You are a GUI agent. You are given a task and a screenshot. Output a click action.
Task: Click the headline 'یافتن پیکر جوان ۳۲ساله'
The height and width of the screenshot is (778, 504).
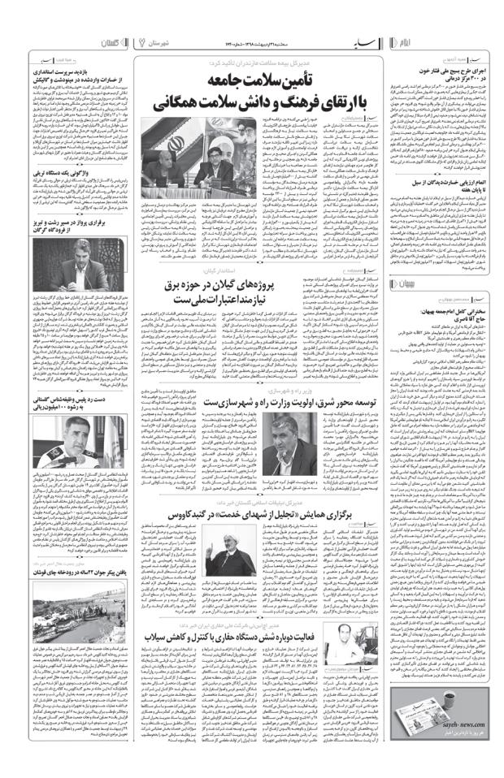pyautogui.click(x=73, y=609)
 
